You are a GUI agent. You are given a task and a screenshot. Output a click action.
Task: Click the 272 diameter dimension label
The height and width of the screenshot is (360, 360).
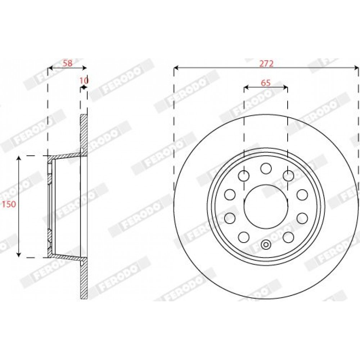click(266, 63)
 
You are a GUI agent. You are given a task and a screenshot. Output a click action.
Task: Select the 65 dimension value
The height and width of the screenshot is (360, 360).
click(266, 83)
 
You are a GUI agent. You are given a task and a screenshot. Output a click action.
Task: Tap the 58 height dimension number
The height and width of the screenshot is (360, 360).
click(68, 63)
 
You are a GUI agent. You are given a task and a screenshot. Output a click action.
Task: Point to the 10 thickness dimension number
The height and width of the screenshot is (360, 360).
click(84, 81)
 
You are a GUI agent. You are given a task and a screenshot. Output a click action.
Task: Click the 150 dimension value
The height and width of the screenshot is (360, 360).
click(9, 204)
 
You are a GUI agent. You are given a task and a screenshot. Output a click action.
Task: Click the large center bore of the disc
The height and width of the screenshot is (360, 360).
click(266, 207)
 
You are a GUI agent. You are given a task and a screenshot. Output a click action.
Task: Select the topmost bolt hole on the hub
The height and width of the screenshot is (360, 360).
click(266, 168)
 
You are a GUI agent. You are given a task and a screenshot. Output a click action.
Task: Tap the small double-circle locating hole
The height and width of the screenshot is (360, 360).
click(266, 245)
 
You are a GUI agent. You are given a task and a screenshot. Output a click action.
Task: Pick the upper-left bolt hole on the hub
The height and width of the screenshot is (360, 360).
click(244, 176)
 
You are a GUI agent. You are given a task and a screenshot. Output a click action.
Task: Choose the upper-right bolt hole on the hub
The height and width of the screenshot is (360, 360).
click(288, 176)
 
